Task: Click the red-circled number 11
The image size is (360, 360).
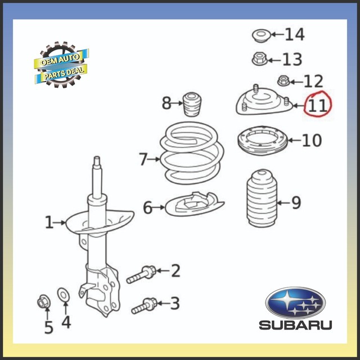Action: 317,105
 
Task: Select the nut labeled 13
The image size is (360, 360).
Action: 258,58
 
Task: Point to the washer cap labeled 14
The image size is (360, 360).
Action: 260,36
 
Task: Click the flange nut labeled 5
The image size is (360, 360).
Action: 44,302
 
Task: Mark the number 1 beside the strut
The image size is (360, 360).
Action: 48,223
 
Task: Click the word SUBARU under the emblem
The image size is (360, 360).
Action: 295,325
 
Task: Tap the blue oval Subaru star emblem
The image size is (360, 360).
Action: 295,303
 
